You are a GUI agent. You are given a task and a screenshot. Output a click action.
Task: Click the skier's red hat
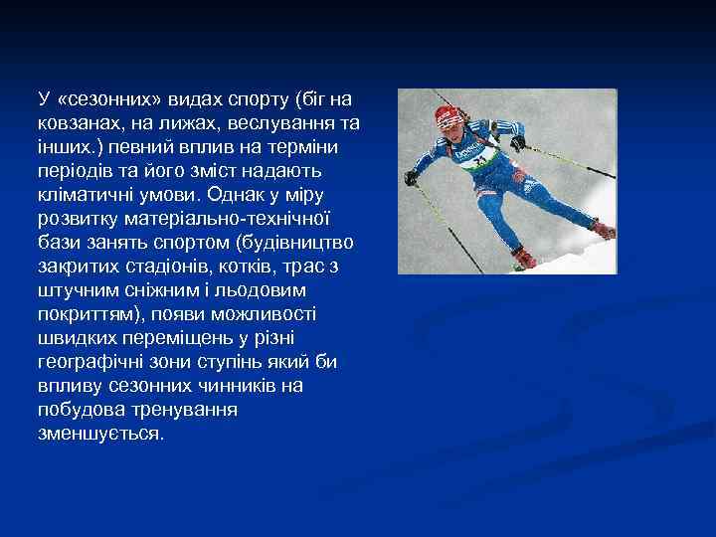click(449, 115)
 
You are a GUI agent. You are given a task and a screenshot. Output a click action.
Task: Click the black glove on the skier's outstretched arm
click(411, 178)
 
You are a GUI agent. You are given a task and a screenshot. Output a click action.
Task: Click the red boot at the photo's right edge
click(603, 230)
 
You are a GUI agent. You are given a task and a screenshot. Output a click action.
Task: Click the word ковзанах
click(75, 123)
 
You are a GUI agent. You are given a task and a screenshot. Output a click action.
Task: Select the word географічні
click(90, 362)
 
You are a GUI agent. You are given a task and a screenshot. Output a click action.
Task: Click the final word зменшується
click(100, 434)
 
